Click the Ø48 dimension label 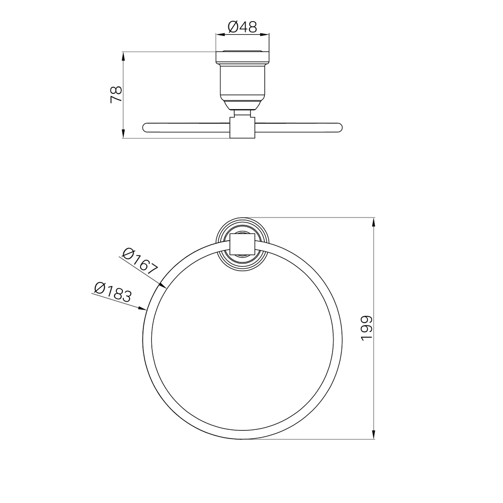(x=243, y=27)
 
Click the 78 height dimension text (x=116, y=94)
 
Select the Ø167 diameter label (x=140, y=260)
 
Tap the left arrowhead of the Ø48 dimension (x=220, y=34)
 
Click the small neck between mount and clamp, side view (x=243, y=113)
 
